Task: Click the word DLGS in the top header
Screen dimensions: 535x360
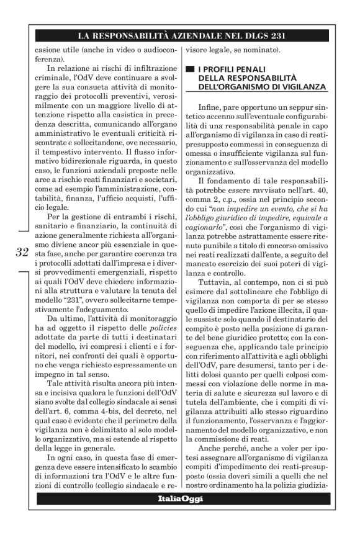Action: (248, 35)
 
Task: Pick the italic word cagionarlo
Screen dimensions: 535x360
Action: (209, 230)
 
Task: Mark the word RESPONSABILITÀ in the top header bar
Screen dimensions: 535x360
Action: (143, 35)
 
